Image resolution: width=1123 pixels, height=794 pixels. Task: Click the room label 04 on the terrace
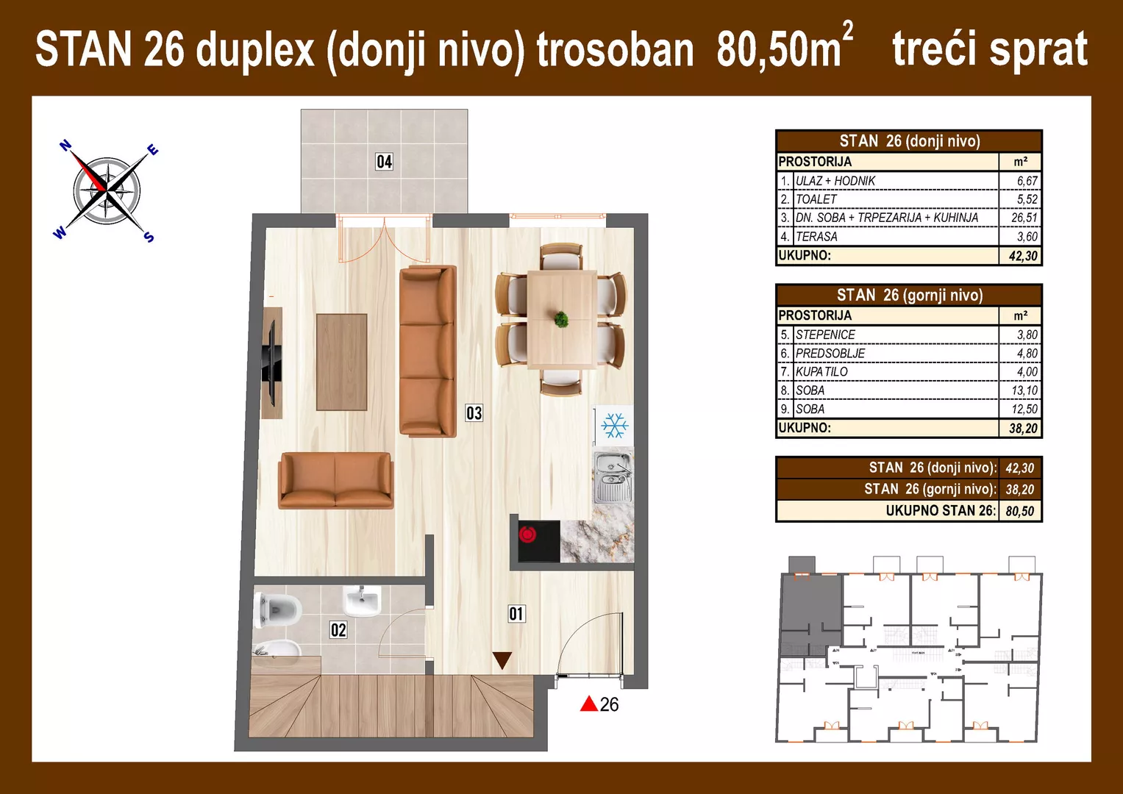point(384,162)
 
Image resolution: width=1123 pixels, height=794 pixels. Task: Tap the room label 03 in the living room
point(474,413)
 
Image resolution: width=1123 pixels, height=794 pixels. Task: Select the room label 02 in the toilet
point(338,630)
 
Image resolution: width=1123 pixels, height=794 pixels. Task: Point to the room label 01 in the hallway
point(516,614)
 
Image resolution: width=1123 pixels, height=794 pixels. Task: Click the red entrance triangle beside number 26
point(588,704)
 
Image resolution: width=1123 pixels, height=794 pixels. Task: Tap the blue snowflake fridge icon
point(614,426)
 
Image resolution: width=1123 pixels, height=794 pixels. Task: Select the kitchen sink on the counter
point(613,478)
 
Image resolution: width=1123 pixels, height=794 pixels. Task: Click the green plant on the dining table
point(561,319)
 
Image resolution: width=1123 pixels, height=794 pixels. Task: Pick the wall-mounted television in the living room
point(271,363)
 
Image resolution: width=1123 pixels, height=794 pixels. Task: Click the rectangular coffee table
point(341,362)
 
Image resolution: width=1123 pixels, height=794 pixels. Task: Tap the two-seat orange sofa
point(335,480)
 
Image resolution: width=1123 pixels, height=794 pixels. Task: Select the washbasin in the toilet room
point(362,601)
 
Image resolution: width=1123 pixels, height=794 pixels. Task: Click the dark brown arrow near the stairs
point(502,659)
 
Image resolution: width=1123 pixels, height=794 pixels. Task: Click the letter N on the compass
point(65,146)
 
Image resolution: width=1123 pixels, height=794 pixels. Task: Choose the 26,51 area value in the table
point(1024,218)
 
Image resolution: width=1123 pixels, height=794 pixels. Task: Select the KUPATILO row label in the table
point(821,372)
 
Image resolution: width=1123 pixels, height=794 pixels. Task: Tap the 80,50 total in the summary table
point(1019,511)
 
